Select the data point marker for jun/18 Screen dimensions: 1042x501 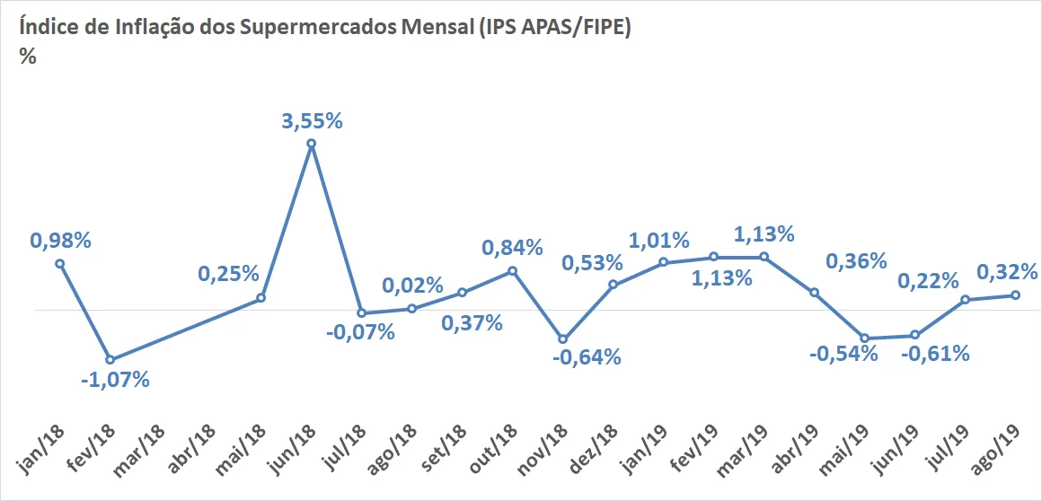[311, 143]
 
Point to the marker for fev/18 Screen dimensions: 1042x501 [110, 359]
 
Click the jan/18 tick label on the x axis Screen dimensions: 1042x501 [39, 453]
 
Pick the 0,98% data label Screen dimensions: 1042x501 [60, 241]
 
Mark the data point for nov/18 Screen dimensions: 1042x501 [563, 338]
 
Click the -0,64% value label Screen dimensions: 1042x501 [587, 356]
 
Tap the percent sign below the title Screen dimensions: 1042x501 [27, 57]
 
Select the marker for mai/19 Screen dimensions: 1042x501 [864, 338]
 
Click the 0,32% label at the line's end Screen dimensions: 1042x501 [1007, 271]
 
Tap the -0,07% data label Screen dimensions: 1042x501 [360, 331]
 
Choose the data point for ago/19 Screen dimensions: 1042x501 [1015, 295]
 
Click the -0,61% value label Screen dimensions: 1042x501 [935, 353]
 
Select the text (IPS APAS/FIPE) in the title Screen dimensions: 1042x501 [555, 30]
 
